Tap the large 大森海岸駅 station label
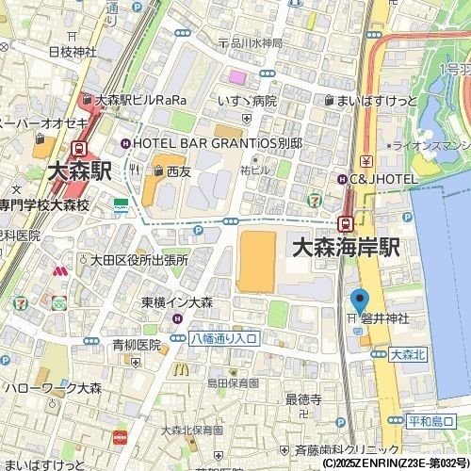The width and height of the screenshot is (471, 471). point(346,248)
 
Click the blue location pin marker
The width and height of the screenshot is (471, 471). point(358,301)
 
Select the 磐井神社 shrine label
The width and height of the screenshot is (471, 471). point(382,320)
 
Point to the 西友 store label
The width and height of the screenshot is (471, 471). point(177,172)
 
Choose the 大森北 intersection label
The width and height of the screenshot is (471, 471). point(408,354)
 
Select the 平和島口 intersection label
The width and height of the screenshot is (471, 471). point(433,420)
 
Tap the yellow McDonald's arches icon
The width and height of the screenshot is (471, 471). point(177,369)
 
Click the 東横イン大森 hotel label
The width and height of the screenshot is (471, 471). point(177,302)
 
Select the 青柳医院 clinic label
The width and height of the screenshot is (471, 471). point(137,345)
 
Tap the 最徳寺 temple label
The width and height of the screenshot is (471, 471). point(303,399)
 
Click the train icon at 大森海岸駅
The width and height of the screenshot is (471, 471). point(346,223)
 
